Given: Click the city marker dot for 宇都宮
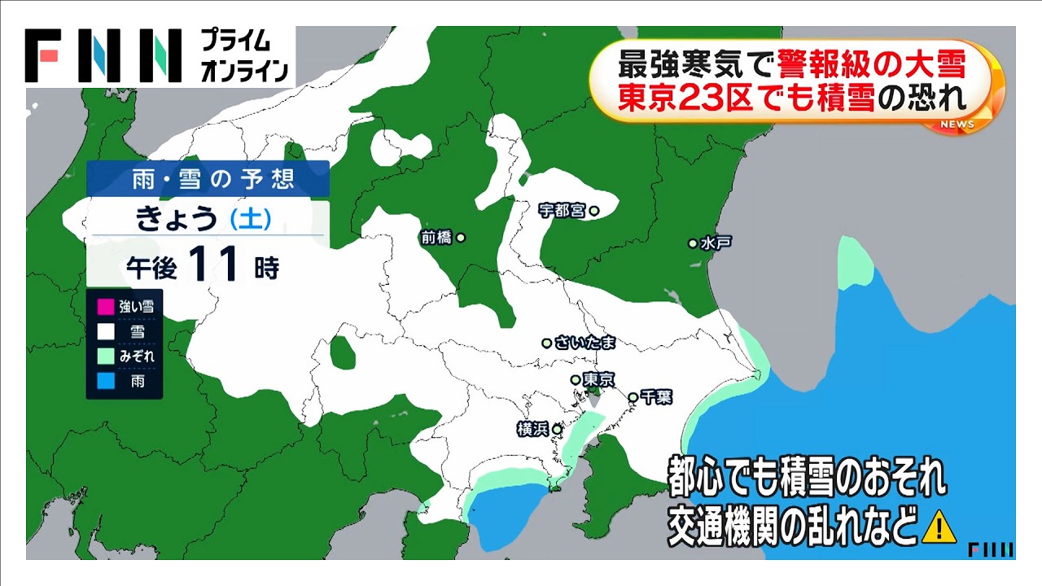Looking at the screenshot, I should [594, 211].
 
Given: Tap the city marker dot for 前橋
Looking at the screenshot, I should [461, 238].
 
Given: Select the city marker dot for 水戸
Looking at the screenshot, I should [693, 243].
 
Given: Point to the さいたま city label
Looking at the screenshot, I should [585, 343].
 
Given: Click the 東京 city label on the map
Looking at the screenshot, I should [598, 379].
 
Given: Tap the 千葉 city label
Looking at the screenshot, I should [655, 397].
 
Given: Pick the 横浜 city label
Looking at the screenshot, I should [533, 429].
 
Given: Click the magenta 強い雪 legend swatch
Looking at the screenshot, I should [104, 308].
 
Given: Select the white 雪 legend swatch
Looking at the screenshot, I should [104, 332].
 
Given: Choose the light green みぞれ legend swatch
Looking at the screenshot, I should [104, 356].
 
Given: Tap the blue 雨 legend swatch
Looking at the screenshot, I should [104, 380].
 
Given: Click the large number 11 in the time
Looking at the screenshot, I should [214, 265].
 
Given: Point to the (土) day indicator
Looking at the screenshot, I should [251, 218].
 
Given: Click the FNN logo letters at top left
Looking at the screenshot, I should [103, 56].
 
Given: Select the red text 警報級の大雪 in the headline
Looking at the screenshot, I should [871, 62].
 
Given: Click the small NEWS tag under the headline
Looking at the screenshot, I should [957, 124].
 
